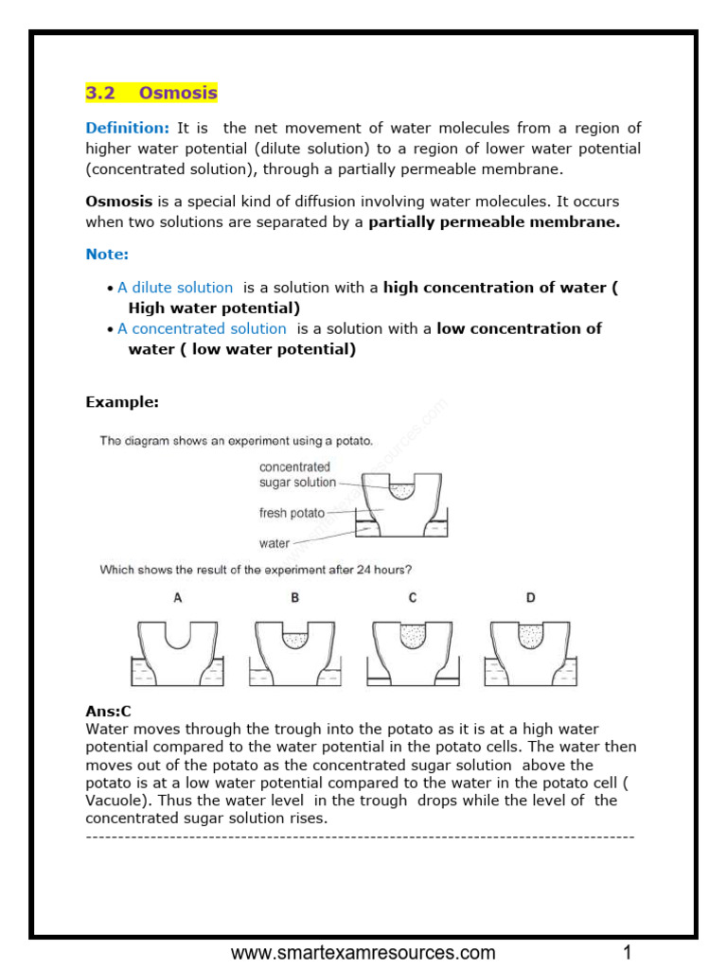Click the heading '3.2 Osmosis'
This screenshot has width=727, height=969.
point(151,93)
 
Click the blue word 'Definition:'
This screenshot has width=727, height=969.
point(127,128)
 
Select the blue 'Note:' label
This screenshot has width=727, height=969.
point(107,255)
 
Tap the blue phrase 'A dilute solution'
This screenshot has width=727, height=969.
point(175,288)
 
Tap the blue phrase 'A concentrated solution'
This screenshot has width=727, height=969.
point(202,329)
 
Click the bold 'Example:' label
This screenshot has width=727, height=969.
point(122,402)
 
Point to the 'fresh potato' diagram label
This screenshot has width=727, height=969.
point(292,514)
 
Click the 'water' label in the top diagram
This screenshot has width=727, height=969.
point(275,544)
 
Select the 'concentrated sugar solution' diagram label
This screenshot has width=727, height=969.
point(297,474)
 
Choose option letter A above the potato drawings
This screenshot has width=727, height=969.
point(178,598)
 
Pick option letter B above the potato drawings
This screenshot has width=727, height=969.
point(295,598)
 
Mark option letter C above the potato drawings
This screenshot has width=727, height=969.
point(413,598)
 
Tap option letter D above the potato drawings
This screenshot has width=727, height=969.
point(530,598)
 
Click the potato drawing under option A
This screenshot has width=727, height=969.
point(178,653)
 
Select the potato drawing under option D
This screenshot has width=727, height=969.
point(530,653)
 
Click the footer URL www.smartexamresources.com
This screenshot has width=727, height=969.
point(363,952)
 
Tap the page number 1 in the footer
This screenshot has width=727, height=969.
point(627,952)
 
